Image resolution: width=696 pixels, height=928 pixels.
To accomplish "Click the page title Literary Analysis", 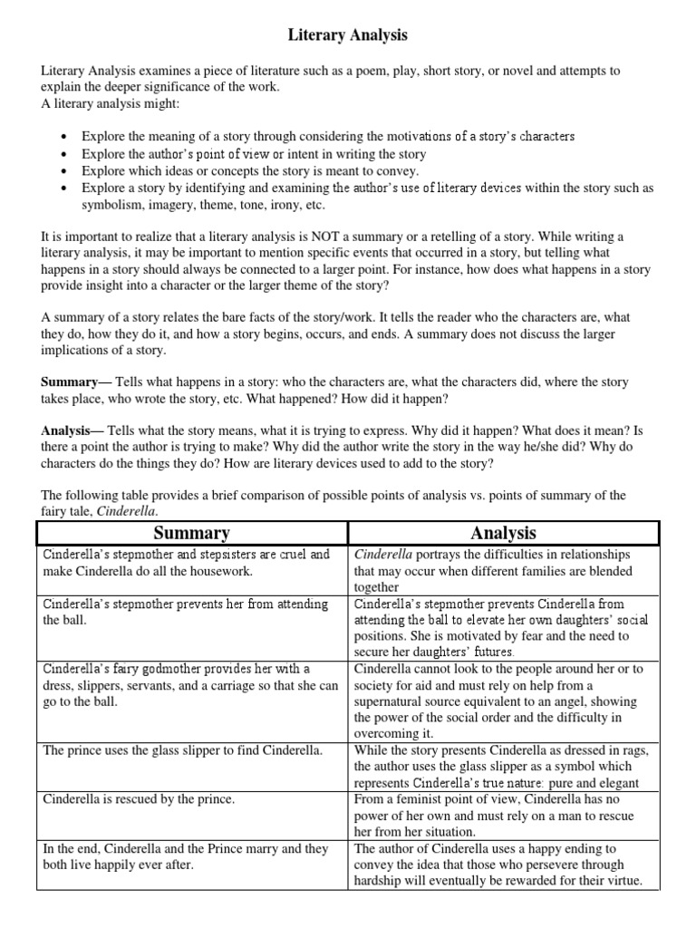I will pos(348,35).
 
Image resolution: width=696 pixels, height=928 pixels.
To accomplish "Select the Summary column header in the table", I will pos(191,533).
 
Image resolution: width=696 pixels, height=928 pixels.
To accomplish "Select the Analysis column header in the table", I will pos(504,533).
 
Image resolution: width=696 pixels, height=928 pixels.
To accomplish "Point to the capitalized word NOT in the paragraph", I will pos(318,237).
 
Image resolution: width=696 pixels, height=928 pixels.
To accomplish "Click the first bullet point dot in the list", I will pos(62,137).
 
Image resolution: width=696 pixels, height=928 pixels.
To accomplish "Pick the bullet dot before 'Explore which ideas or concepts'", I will pos(62,171).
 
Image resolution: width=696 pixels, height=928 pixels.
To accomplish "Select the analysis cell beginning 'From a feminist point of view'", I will pos(504,816).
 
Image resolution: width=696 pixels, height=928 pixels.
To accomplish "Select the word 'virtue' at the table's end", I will pos(625,881).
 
